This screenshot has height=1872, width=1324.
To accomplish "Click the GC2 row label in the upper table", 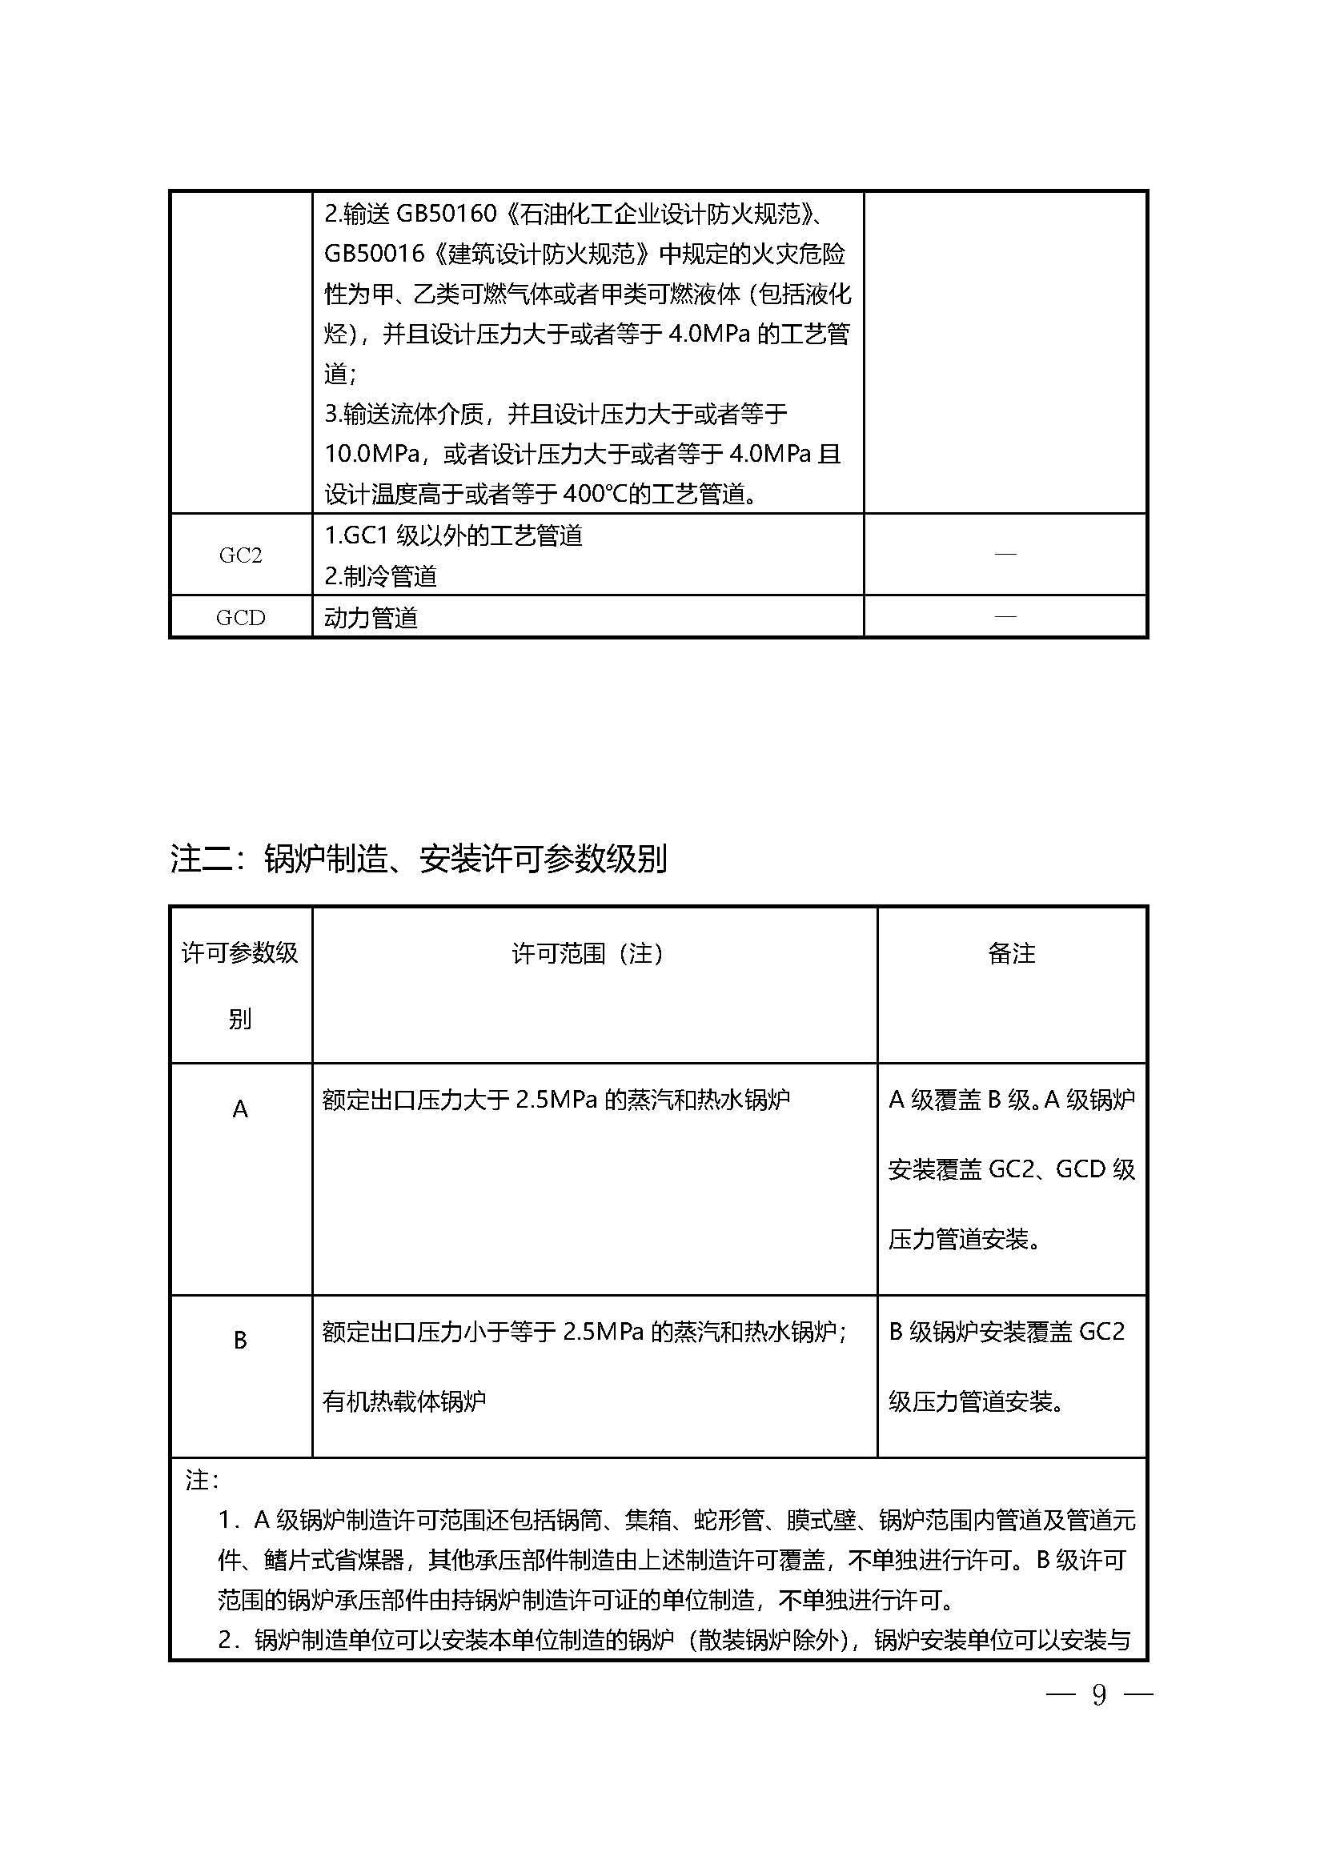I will [240, 555].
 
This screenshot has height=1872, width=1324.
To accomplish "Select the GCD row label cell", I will [240, 617].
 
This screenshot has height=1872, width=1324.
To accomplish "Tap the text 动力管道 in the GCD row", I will [371, 618].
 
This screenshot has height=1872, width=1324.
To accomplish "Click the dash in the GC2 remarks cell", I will [1005, 554].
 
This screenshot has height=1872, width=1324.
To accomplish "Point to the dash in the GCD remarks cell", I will [1005, 615].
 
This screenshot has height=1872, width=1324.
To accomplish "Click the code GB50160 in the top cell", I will [446, 214].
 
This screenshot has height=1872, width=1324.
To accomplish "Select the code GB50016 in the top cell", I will [374, 254].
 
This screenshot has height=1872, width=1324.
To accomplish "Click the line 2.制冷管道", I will [381, 576].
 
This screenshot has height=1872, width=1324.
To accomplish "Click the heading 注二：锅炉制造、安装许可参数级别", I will [418, 860].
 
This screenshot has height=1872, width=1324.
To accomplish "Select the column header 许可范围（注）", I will [588, 953].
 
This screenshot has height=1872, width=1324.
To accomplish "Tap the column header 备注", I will [1012, 953].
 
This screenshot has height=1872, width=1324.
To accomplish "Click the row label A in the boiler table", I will [239, 1108].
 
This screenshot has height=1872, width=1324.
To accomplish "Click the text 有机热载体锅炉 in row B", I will [404, 1401].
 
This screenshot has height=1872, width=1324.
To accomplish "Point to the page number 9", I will [1099, 1695].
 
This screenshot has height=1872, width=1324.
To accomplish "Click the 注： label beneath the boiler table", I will [202, 1480].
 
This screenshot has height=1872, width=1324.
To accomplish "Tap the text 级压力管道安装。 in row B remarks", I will [977, 1401].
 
